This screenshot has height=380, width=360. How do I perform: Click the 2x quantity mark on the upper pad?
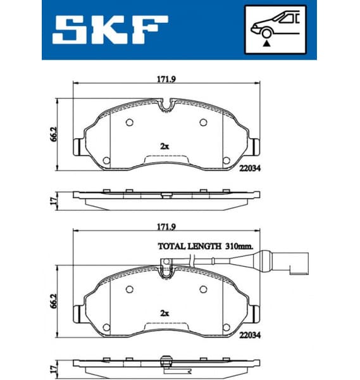164,146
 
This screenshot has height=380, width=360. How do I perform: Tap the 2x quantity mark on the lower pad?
164,313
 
